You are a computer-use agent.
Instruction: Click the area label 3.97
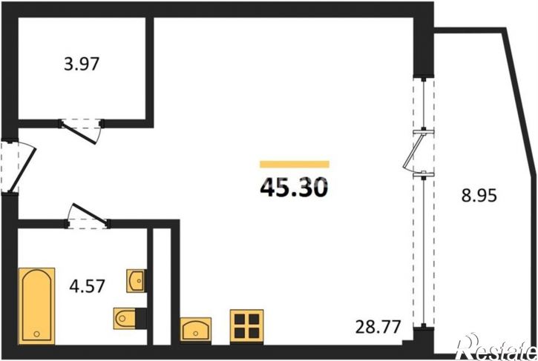82,64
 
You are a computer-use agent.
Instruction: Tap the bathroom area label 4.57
87,286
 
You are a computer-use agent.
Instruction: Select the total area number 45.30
294,188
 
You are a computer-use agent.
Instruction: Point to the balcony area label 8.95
479,196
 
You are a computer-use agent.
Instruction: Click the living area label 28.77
378,326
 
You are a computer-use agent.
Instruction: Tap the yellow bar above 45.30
295,165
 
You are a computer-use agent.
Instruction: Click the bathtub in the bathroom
36,306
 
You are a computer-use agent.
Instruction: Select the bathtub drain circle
36,334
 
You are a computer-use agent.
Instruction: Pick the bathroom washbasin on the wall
136,281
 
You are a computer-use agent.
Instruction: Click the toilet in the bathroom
125,318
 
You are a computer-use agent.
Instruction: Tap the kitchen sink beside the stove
196,329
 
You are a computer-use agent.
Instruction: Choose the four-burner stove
246,326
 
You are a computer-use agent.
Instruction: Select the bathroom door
88,213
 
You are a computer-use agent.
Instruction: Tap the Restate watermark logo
498,347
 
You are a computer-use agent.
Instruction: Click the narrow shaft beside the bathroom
162,285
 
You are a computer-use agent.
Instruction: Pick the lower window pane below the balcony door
424,251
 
